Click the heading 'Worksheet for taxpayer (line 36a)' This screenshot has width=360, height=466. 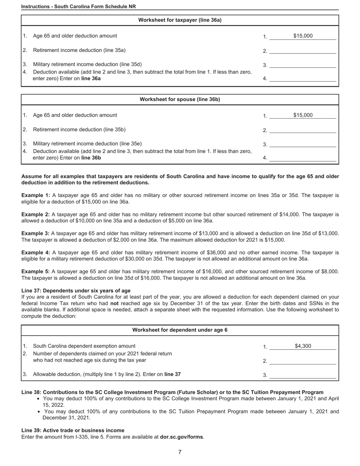[180, 20]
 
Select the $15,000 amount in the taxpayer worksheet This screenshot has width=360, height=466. [302, 36]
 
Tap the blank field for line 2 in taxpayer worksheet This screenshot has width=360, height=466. [302, 51]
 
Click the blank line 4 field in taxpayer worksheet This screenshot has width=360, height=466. [302, 78]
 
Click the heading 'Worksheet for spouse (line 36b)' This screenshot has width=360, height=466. [180, 99]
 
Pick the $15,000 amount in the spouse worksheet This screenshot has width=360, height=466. [302, 115]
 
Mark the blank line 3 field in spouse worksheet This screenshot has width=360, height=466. [302, 144]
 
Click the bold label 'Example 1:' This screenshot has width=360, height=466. [36, 195]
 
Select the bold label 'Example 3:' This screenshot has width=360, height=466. [36, 233]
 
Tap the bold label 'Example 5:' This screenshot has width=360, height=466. [36, 271]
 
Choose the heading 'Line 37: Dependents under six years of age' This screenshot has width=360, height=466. [76, 291]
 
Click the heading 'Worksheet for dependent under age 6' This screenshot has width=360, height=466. [180, 330]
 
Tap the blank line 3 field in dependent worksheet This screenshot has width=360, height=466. [302, 375]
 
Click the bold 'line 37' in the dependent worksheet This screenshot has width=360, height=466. [172, 374]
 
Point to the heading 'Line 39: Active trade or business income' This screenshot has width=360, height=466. [73, 430]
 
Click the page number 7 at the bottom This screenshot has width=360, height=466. [180, 452]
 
